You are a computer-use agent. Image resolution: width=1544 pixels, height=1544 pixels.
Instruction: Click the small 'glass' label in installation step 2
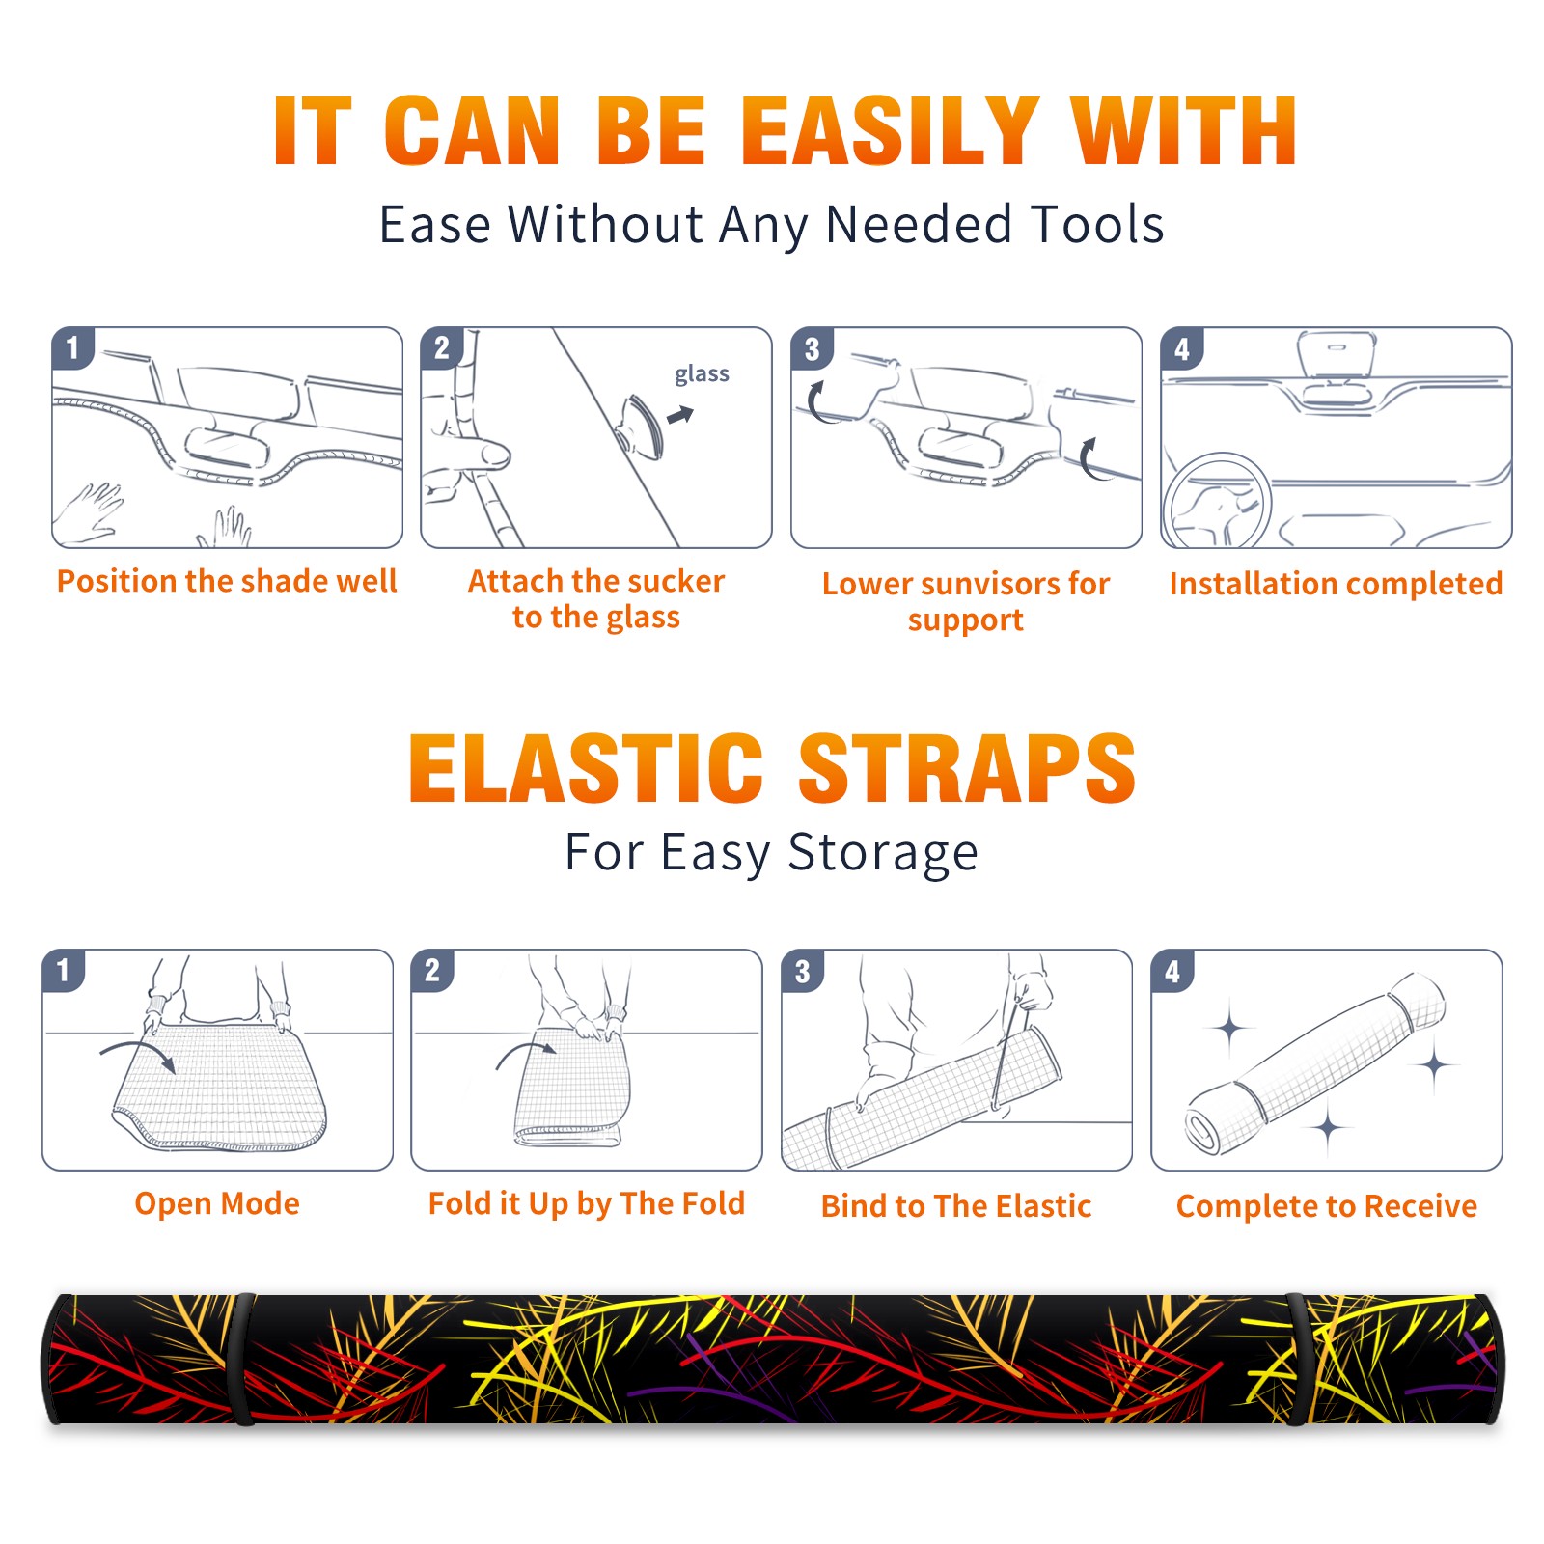tap(702, 373)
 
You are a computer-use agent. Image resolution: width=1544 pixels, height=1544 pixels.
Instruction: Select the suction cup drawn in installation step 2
tap(640, 427)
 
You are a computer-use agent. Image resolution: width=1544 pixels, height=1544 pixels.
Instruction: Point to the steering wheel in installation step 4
tap(1217, 501)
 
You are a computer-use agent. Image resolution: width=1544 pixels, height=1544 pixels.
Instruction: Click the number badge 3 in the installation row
tap(812, 348)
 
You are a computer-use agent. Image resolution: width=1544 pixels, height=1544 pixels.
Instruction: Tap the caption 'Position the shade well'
tap(227, 581)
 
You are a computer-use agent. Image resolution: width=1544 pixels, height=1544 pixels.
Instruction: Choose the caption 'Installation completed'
tap(1336, 584)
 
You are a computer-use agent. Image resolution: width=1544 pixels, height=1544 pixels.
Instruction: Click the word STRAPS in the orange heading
tap(967, 768)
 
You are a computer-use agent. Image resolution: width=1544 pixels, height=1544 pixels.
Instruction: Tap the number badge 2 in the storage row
tap(432, 970)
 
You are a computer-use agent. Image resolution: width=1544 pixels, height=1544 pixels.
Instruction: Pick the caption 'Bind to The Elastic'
tap(955, 1206)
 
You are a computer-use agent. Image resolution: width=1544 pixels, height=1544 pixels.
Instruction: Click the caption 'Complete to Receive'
tap(1326, 1206)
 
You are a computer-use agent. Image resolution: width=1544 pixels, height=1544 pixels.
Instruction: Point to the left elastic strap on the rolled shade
tap(241, 1360)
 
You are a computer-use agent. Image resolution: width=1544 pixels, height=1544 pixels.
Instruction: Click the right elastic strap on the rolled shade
tap(1297, 1360)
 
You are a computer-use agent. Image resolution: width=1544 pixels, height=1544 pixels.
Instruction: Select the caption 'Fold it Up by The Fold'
tap(587, 1203)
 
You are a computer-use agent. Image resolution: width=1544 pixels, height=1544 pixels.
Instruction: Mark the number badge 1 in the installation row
tap(72, 348)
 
